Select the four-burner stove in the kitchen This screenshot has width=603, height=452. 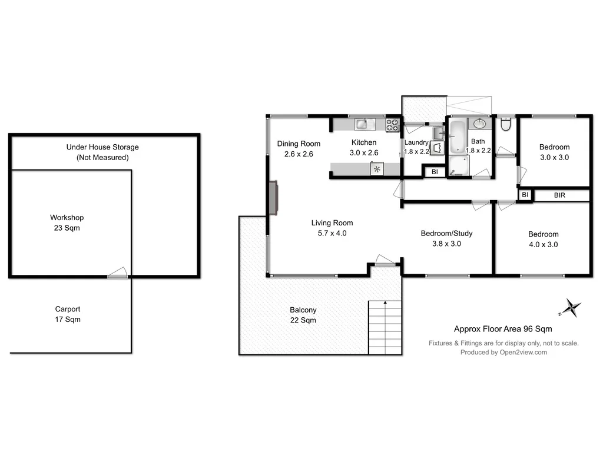coord(393,125)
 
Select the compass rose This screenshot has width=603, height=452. coord(571,307)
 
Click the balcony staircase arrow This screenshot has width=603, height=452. coord(385,303)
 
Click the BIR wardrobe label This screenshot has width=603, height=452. coord(559,195)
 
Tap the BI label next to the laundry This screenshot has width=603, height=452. coord(435,172)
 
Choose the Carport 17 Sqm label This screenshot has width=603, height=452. coord(68,314)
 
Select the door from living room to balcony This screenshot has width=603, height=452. coord(385,260)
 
